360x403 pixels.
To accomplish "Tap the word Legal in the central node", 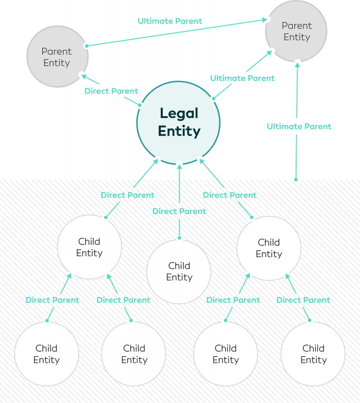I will tap(179, 114).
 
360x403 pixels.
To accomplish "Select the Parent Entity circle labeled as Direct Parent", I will tap(57, 57).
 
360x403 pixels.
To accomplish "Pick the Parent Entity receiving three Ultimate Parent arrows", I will tap(296, 31).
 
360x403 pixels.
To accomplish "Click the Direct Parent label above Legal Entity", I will tap(111, 91).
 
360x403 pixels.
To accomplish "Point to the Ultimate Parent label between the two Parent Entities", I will tap(170, 21).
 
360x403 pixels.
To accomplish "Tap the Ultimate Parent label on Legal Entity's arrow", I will tap(242, 78).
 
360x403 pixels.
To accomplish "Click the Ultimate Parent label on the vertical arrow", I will tap(299, 126).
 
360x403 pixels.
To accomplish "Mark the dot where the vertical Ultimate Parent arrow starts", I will tap(296, 180).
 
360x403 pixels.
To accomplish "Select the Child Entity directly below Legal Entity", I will tap(179, 272).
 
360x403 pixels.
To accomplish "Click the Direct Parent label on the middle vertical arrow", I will tap(179, 211).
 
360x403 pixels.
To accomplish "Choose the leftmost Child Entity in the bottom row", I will tap(47, 354).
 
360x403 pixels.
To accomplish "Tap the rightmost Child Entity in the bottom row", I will tap(313, 354).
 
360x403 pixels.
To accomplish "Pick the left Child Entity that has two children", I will tap(89, 247).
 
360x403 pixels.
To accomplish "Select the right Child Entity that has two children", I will tap(269, 248).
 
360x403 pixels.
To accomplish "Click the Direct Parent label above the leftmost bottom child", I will tap(52, 300).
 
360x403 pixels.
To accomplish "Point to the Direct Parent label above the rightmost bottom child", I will tap(303, 300).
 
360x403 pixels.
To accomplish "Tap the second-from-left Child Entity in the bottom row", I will tap(134, 354).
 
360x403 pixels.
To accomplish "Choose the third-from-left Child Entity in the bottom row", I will tap(226, 354).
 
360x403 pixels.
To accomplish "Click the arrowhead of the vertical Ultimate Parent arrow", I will tap(298, 66).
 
